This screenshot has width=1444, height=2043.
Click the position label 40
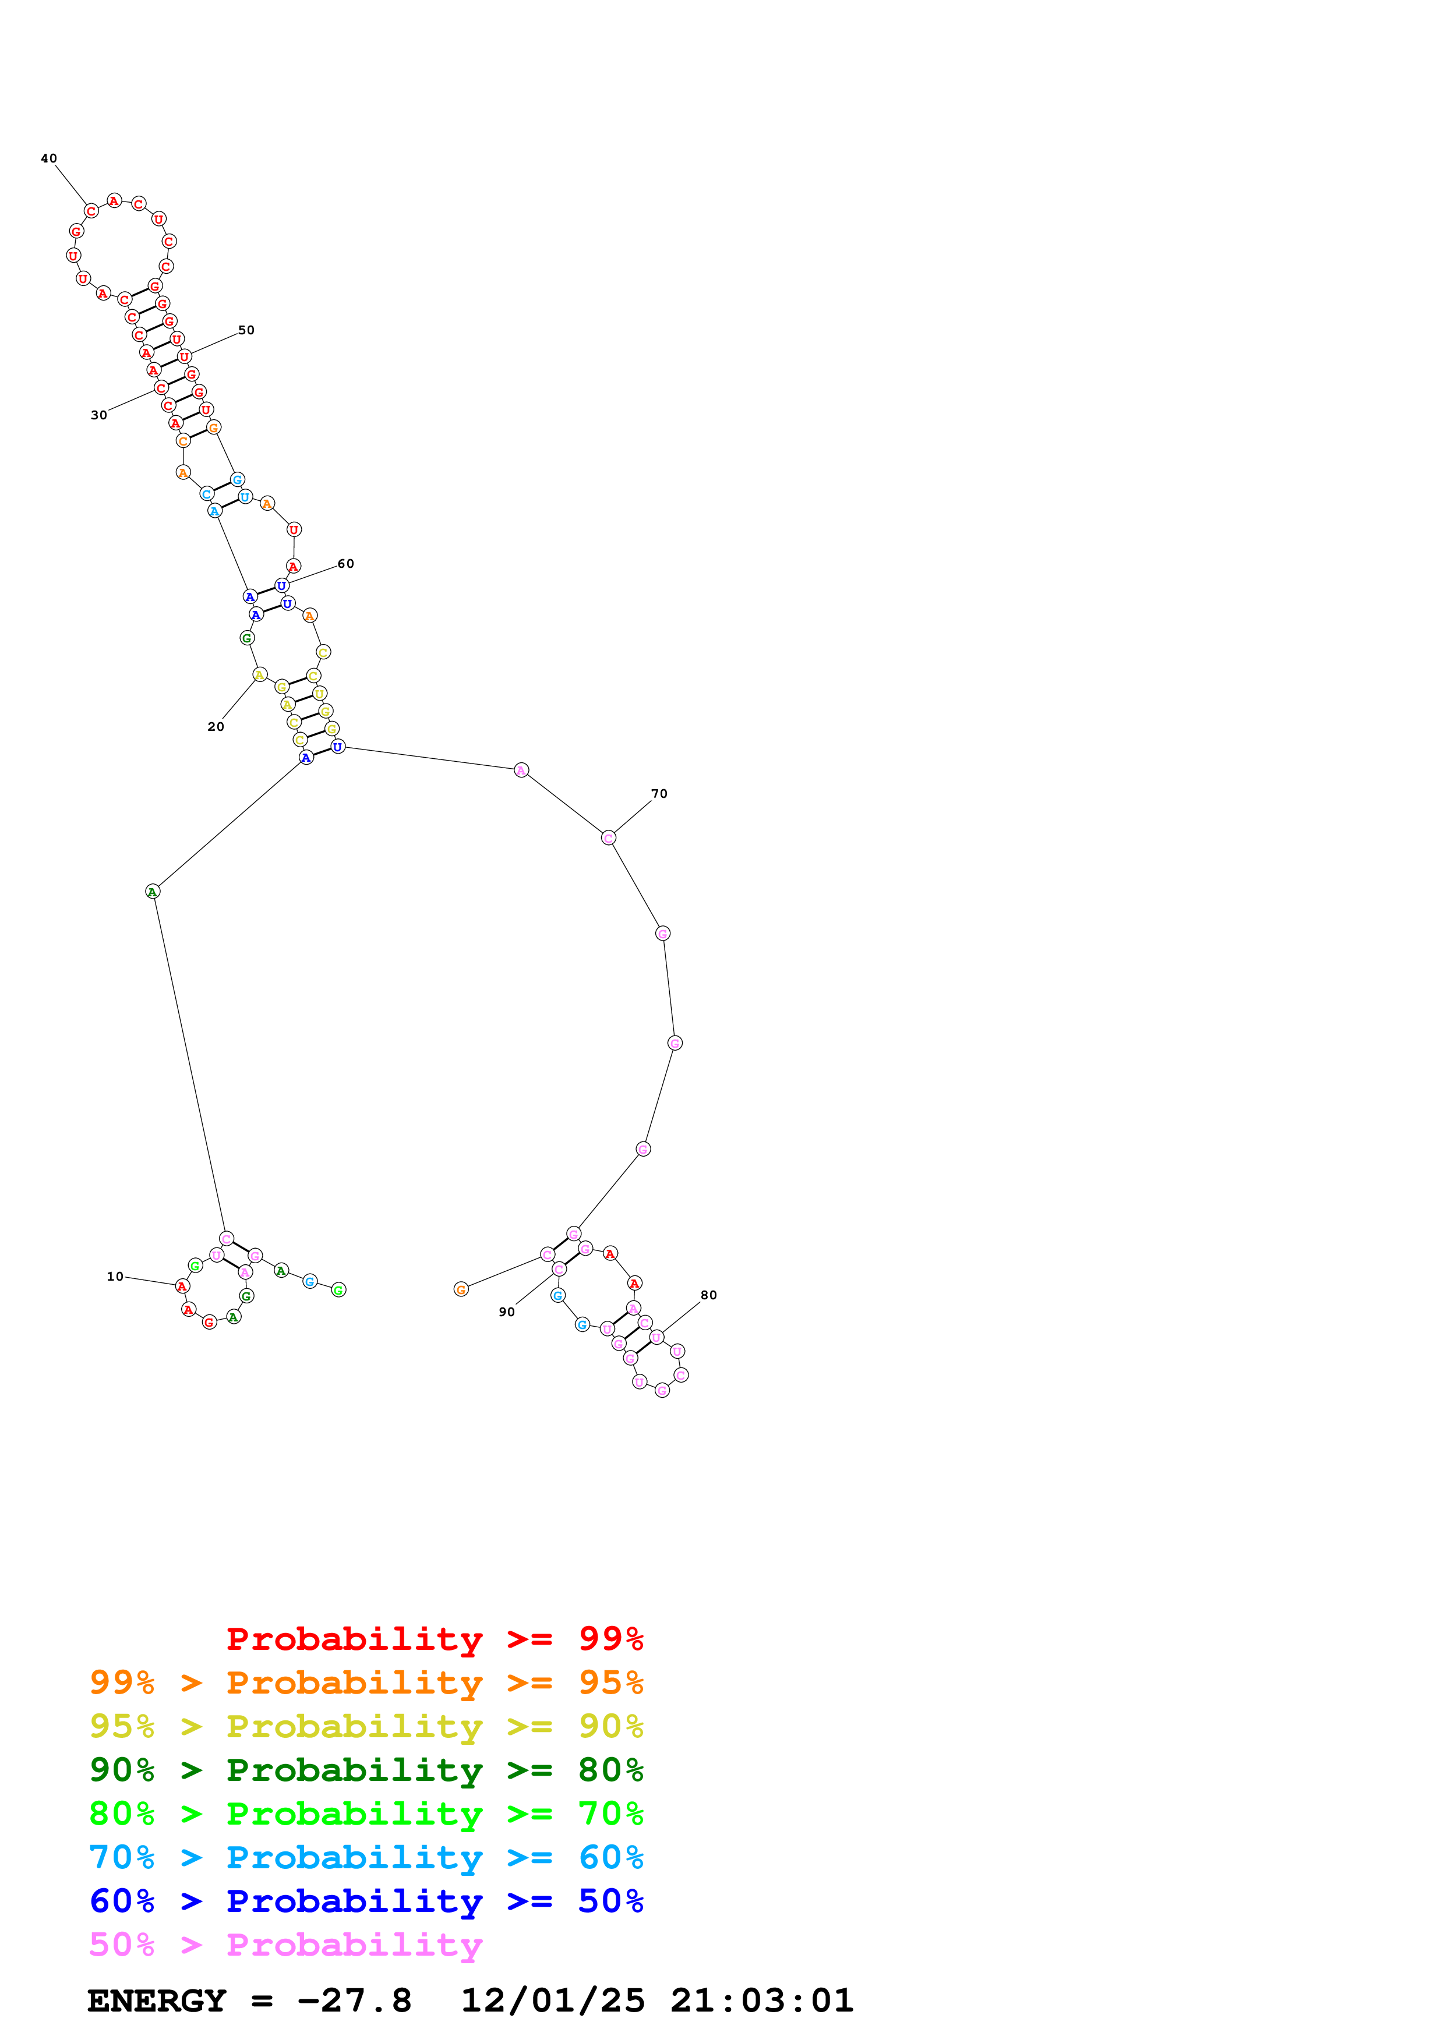49,158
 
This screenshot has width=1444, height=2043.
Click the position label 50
246,330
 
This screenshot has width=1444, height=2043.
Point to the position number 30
99,416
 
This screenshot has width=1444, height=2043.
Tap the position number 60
345,564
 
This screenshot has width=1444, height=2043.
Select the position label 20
216,727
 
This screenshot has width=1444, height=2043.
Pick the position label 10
115,1277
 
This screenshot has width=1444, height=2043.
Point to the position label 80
708,1296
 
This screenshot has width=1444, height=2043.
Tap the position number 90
506,1313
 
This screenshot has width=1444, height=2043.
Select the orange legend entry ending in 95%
366,1683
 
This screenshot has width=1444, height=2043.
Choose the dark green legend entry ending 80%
366,1770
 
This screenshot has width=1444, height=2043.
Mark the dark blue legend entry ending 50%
366,1901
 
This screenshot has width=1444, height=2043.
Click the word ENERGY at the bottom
157,2001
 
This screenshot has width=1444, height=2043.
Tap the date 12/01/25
553,2001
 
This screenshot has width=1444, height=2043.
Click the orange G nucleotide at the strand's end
461,1289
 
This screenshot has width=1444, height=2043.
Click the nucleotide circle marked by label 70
609,837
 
